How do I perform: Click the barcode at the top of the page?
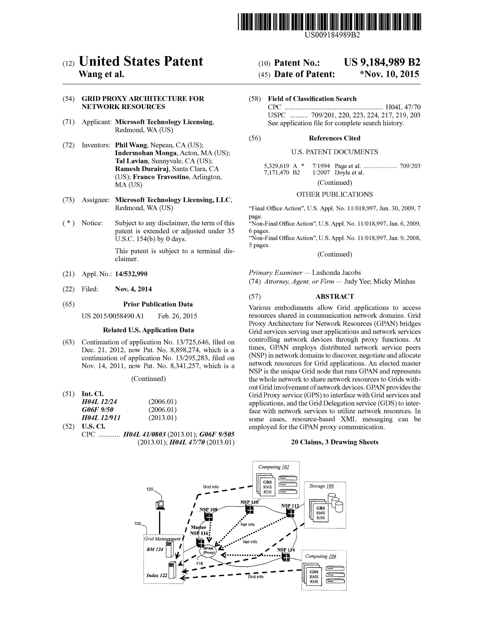point(329,22)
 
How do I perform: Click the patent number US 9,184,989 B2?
point(382,62)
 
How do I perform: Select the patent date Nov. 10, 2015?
point(389,74)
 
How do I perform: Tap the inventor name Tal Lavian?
point(131,161)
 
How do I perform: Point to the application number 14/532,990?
point(131,274)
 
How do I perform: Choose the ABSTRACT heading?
point(334,296)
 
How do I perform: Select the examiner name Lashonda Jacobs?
point(336,273)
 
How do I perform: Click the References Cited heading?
point(334,138)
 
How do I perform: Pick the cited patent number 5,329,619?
point(277,166)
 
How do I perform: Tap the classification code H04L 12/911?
point(101,418)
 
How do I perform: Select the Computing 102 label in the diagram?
point(274,467)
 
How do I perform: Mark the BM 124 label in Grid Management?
point(155,549)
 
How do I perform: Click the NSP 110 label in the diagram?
point(249,502)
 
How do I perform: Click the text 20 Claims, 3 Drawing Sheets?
point(334,442)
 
